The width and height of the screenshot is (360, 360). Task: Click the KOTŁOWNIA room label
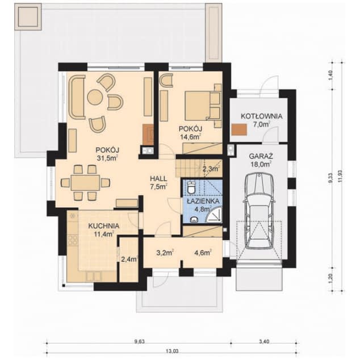pyautogui.click(x=261, y=116)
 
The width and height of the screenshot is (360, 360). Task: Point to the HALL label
pyautogui.click(x=158, y=177)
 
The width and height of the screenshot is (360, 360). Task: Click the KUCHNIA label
pyautogui.click(x=103, y=225)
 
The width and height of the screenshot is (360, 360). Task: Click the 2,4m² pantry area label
pyautogui.click(x=129, y=259)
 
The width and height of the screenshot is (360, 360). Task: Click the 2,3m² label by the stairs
pyautogui.click(x=210, y=168)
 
